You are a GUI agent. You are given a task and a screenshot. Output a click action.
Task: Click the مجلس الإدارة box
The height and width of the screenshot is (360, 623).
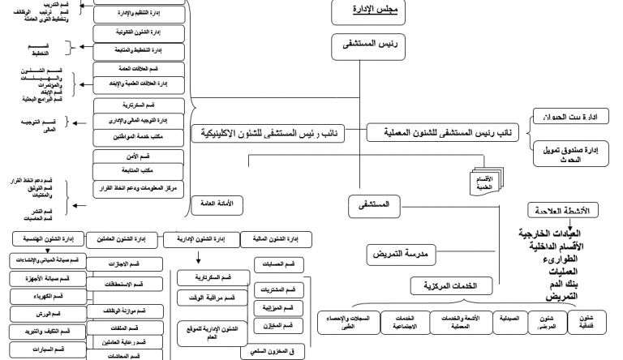[369, 11]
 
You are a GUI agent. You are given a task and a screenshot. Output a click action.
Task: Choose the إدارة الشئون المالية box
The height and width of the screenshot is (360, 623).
[272, 239]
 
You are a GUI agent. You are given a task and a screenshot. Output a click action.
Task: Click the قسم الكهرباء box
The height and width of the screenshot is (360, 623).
[45, 296]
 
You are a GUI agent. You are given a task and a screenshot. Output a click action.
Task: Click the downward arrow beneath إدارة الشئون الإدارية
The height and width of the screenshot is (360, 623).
[199, 259]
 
